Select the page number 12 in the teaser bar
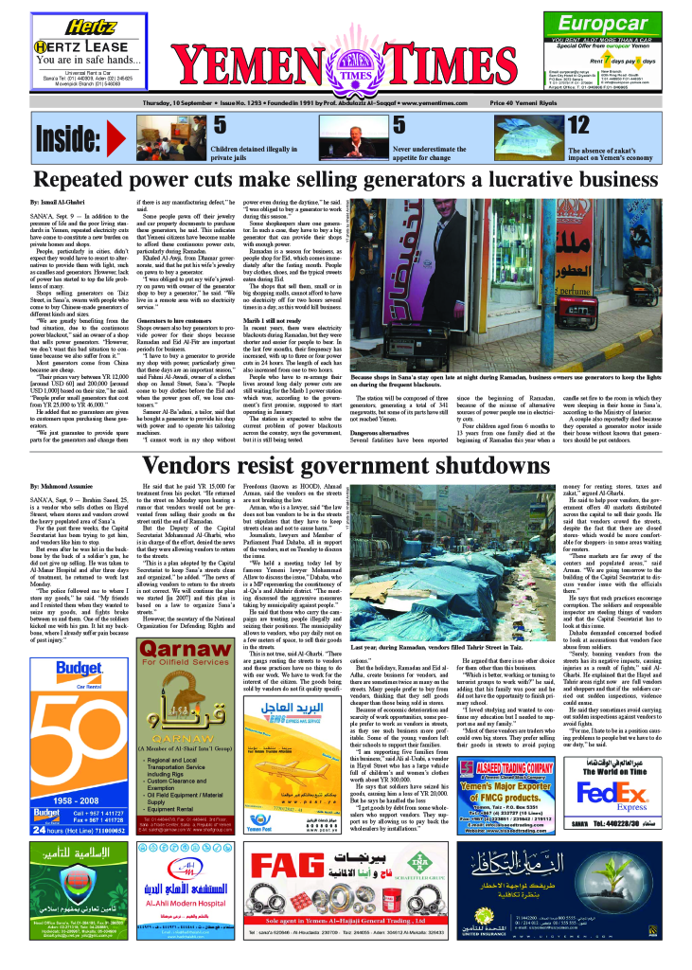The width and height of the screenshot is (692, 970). (x=577, y=125)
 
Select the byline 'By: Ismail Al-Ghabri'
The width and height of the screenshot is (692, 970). (x=58, y=204)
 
